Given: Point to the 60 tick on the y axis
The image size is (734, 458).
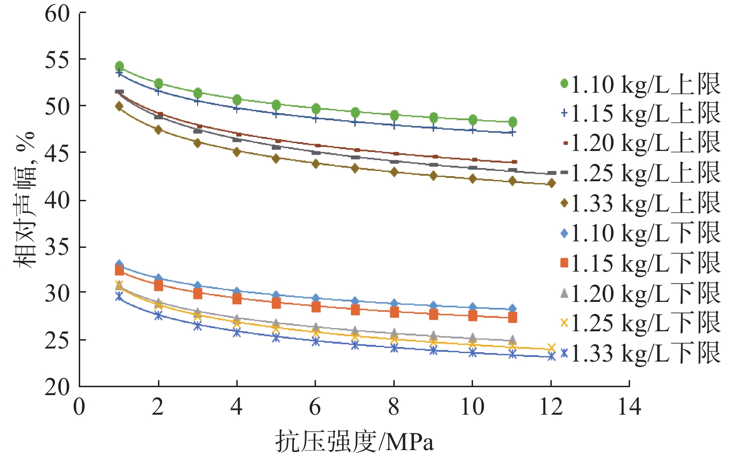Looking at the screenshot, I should click(x=57, y=14).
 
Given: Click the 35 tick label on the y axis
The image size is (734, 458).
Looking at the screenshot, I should click(x=57, y=246).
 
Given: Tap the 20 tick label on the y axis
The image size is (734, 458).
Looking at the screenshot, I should click(x=57, y=387).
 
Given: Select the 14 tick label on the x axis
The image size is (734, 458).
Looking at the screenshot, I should click(x=629, y=407).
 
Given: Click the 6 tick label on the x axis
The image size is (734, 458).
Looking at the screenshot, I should click(x=315, y=407).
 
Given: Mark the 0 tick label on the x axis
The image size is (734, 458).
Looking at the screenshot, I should click(x=79, y=407).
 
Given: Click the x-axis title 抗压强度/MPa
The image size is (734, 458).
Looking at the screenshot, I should click(x=354, y=441).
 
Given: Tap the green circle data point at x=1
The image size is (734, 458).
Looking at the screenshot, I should click(x=119, y=66).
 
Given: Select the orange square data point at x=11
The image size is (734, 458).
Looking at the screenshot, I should click(x=513, y=317).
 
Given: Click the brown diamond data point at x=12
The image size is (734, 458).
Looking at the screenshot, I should click(x=552, y=183).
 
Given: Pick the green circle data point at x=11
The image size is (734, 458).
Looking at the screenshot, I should click(x=513, y=122).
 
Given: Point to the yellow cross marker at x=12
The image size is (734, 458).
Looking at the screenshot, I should click(x=552, y=348).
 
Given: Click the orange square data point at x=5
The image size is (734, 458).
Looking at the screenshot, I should click(x=276, y=303).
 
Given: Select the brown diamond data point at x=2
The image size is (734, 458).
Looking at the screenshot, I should click(x=158, y=130).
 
